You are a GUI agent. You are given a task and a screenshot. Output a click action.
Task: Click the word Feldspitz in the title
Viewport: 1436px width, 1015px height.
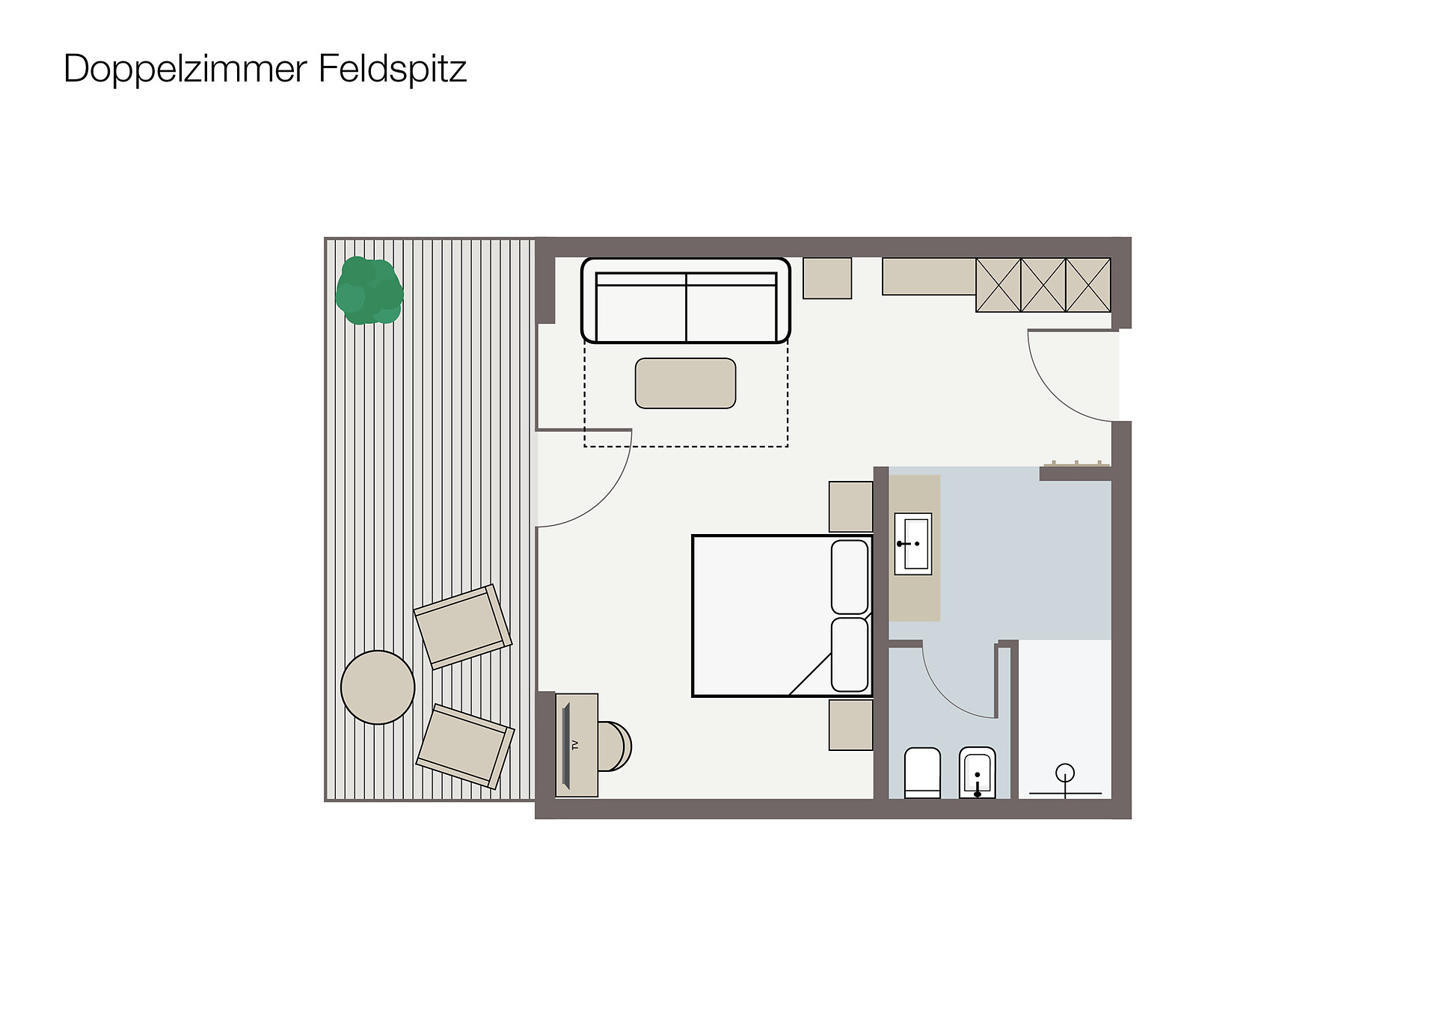(393, 70)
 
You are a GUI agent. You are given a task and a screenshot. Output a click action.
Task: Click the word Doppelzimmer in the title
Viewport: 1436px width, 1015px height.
(185, 70)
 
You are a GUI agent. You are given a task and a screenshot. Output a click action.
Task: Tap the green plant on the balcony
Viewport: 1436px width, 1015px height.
(369, 290)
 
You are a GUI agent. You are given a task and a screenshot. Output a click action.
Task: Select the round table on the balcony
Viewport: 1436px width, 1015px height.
(378, 687)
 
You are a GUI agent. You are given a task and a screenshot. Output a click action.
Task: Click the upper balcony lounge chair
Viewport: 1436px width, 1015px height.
(463, 627)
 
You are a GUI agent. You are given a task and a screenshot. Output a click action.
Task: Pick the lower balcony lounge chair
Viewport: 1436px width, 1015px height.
(465, 746)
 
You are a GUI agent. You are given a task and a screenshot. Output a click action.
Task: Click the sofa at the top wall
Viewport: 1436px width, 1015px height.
(686, 301)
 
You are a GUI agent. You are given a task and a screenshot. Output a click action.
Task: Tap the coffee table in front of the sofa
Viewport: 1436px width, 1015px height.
(685, 384)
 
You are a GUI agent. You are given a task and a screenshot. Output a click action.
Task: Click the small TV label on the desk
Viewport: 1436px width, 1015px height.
(575, 744)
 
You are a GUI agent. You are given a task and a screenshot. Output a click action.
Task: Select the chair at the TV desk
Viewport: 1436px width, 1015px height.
(615, 746)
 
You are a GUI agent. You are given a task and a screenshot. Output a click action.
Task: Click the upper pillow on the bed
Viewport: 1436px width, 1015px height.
(850, 577)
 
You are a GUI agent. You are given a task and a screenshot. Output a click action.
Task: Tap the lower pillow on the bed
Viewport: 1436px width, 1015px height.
(850, 654)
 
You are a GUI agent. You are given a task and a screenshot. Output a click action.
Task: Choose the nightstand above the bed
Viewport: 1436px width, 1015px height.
(851, 506)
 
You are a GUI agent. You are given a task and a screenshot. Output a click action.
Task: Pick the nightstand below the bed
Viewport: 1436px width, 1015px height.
(851, 725)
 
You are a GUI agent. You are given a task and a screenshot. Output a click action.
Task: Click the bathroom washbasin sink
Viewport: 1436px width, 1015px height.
(913, 544)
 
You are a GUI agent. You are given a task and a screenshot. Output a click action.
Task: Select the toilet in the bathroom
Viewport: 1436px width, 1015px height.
(922, 773)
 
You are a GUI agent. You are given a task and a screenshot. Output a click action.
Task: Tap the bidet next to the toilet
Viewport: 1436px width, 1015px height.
(978, 773)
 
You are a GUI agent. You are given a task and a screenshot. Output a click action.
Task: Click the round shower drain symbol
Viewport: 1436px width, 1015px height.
(1064, 773)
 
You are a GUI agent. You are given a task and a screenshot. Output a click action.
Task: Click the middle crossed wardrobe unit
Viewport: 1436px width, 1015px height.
(1043, 285)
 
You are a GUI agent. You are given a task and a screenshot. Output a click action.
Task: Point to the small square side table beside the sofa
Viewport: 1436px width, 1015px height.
(827, 278)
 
